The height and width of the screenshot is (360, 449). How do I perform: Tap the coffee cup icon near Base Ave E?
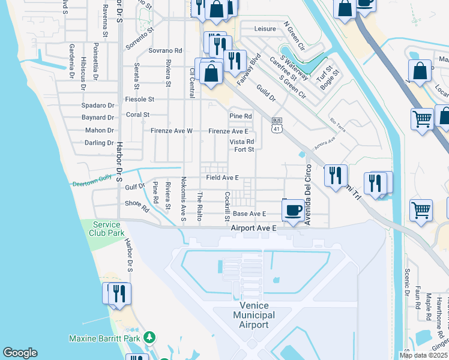[x=293, y=211]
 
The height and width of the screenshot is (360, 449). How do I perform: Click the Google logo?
[x=20, y=353]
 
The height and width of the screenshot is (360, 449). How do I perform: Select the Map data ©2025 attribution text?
[x=423, y=355]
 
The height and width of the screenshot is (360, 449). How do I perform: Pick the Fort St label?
[x=244, y=149]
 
